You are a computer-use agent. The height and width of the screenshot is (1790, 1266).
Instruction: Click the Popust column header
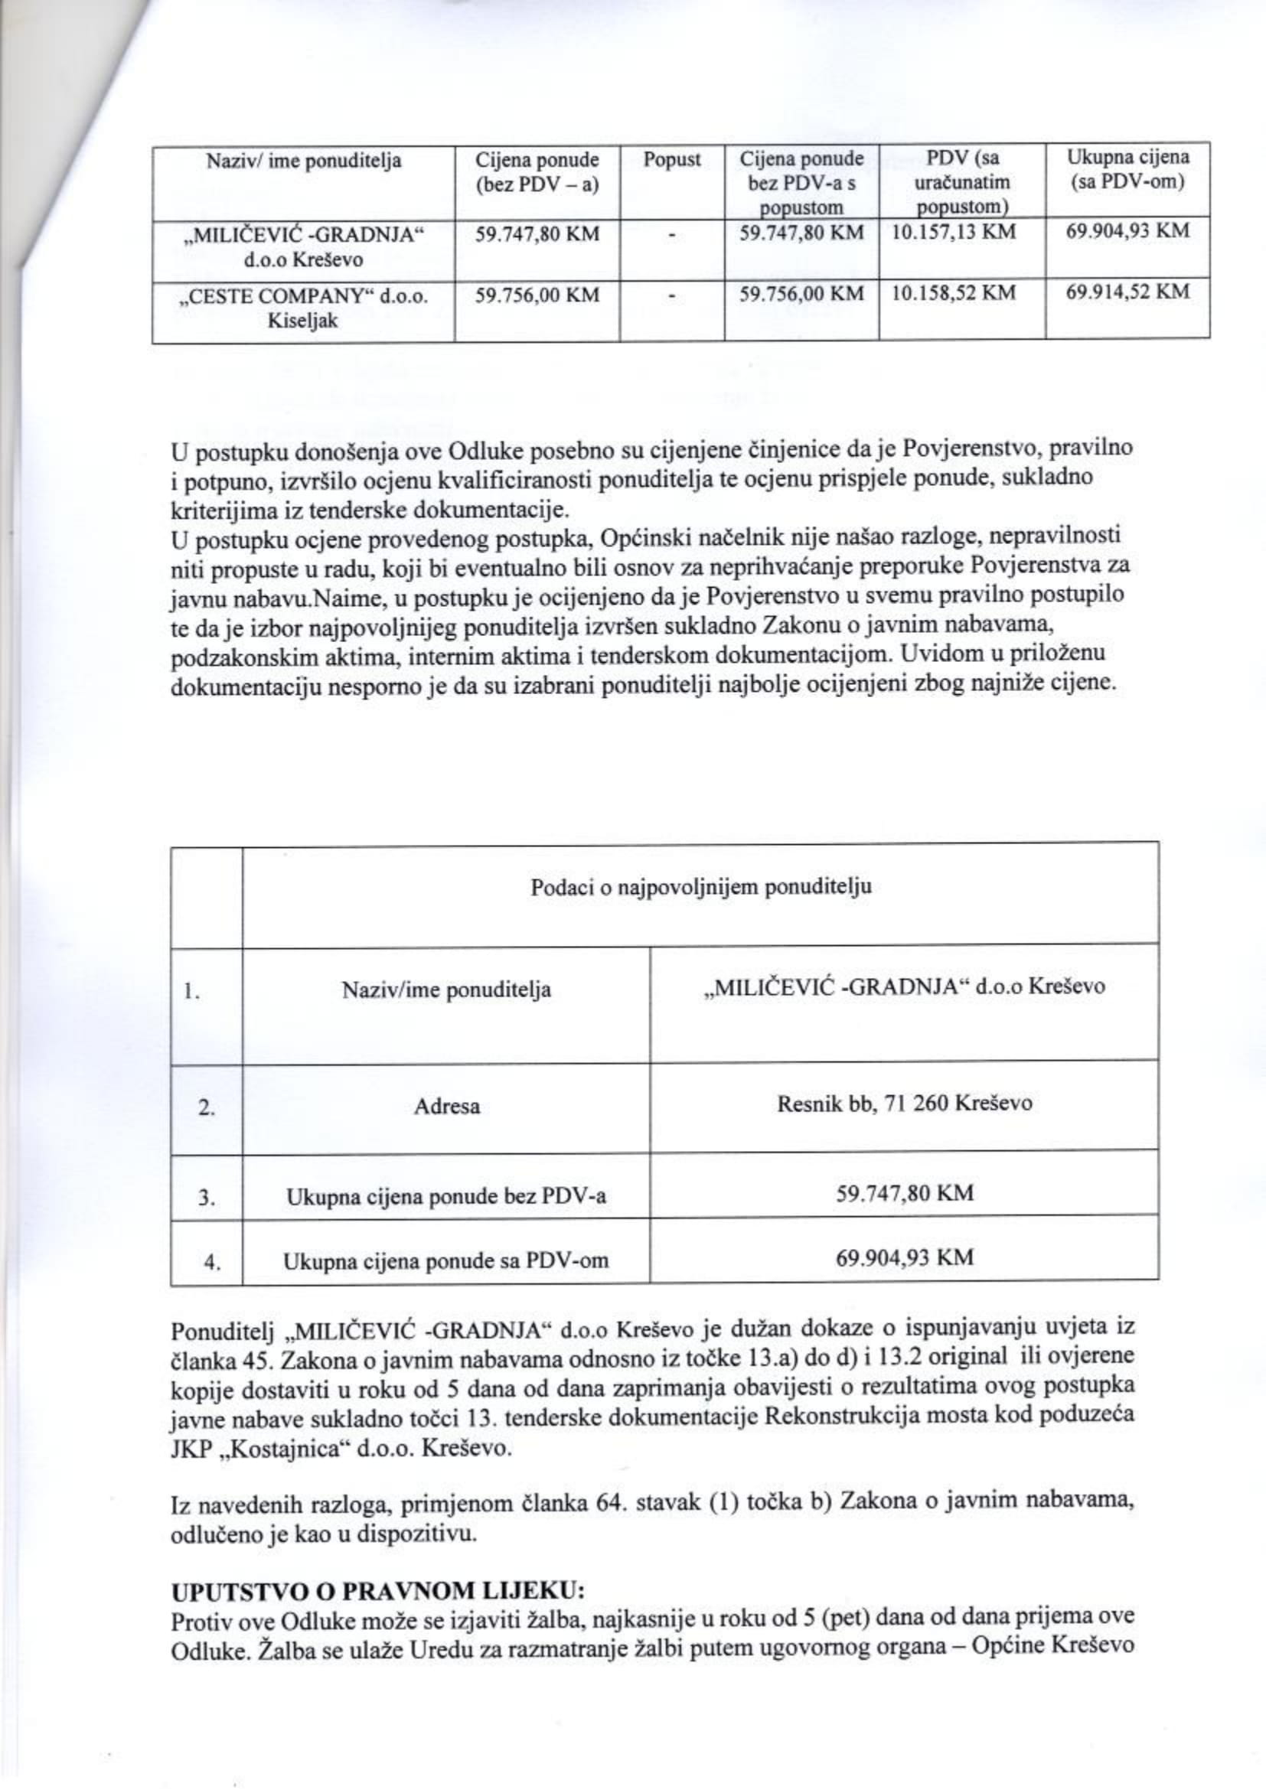tap(671, 161)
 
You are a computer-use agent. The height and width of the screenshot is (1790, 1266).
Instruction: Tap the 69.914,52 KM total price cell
tap(1128, 292)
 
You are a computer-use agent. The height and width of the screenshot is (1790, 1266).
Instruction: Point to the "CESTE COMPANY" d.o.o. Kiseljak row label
tap(303, 308)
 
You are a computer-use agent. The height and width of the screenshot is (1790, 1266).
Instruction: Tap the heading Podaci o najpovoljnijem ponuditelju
tap(700, 888)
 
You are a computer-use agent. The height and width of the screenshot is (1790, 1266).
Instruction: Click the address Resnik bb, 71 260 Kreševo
tap(904, 1104)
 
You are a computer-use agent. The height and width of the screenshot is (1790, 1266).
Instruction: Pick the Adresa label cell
tap(446, 1107)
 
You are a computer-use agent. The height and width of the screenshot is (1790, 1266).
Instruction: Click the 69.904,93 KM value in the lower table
tap(904, 1257)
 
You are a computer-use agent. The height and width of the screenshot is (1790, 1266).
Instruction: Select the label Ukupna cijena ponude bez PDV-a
tap(446, 1197)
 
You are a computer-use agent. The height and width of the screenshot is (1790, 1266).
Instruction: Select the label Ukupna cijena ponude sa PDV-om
tap(446, 1260)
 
